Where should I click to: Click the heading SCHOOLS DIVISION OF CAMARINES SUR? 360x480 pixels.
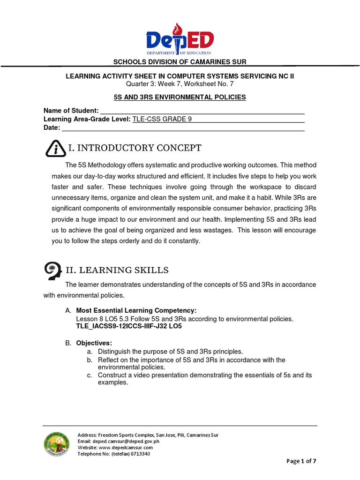tap(180, 62)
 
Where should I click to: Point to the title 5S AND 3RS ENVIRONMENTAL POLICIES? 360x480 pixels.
tap(180, 97)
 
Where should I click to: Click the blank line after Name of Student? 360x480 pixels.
tap(202, 111)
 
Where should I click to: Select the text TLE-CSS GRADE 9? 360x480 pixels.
tap(162, 119)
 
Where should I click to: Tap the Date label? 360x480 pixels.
tap(52, 127)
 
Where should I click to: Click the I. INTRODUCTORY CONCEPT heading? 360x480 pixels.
tap(135, 149)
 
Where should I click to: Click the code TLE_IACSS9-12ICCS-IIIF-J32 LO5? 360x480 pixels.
tap(129, 326)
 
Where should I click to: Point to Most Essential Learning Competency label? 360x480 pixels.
tap(136, 311)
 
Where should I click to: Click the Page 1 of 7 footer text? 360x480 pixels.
tap(301, 461)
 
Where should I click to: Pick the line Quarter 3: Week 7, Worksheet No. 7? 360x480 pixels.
tap(180, 84)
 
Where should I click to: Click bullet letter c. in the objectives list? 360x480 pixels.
tap(89, 375)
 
